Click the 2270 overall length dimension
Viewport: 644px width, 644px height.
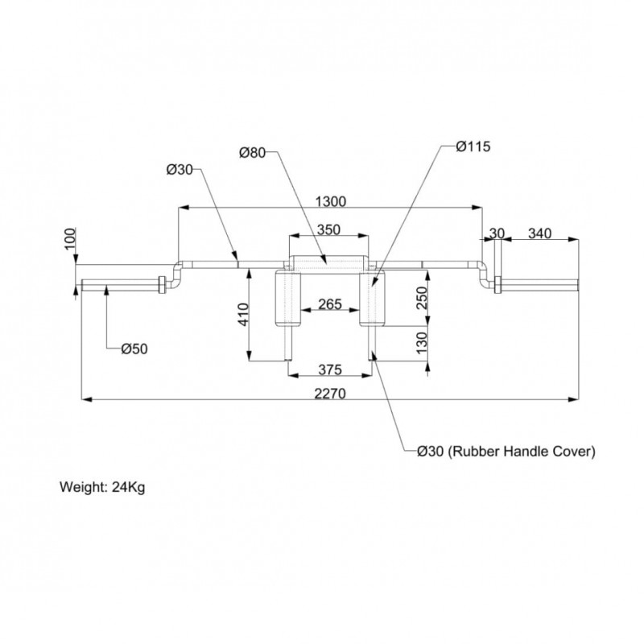(x=330, y=394)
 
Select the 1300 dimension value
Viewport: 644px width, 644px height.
(x=331, y=202)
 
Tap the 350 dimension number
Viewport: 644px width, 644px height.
(x=328, y=229)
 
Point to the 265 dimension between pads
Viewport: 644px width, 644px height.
(x=330, y=304)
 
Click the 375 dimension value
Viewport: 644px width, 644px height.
(x=330, y=369)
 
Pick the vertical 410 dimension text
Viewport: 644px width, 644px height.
(x=244, y=315)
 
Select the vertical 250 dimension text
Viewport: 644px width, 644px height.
(x=422, y=298)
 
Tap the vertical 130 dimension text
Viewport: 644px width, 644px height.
(x=422, y=343)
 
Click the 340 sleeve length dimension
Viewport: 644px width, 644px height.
(x=539, y=233)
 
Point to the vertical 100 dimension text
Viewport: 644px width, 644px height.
(x=70, y=238)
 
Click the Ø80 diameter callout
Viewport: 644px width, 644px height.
(x=252, y=153)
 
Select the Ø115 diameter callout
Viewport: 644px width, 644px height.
(x=473, y=147)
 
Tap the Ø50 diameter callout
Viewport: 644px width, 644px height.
(x=134, y=349)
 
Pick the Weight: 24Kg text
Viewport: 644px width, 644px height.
(x=102, y=487)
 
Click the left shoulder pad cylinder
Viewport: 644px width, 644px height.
(x=287, y=298)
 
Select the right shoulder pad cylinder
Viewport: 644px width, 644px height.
(x=372, y=298)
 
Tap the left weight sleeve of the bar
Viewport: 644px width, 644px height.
(x=121, y=285)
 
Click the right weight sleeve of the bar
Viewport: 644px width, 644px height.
(x=539, y=285)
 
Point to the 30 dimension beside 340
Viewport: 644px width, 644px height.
(x=497, y=233)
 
